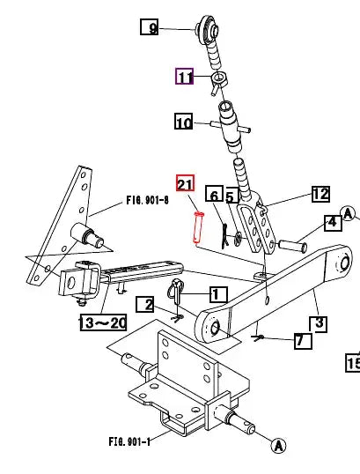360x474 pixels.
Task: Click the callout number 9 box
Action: point(152,28)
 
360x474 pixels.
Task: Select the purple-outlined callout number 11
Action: point(185,78)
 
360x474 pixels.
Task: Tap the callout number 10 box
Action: point(183,122)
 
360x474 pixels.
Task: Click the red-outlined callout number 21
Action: point(185,184)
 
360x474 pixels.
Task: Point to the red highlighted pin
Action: point(197,226)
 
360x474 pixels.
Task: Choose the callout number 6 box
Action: point(213,195)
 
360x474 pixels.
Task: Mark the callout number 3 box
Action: point(320,323)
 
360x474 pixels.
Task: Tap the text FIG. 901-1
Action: point(129,441)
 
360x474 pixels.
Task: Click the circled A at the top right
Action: point(348,213)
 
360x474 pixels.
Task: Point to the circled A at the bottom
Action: point(278,447)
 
